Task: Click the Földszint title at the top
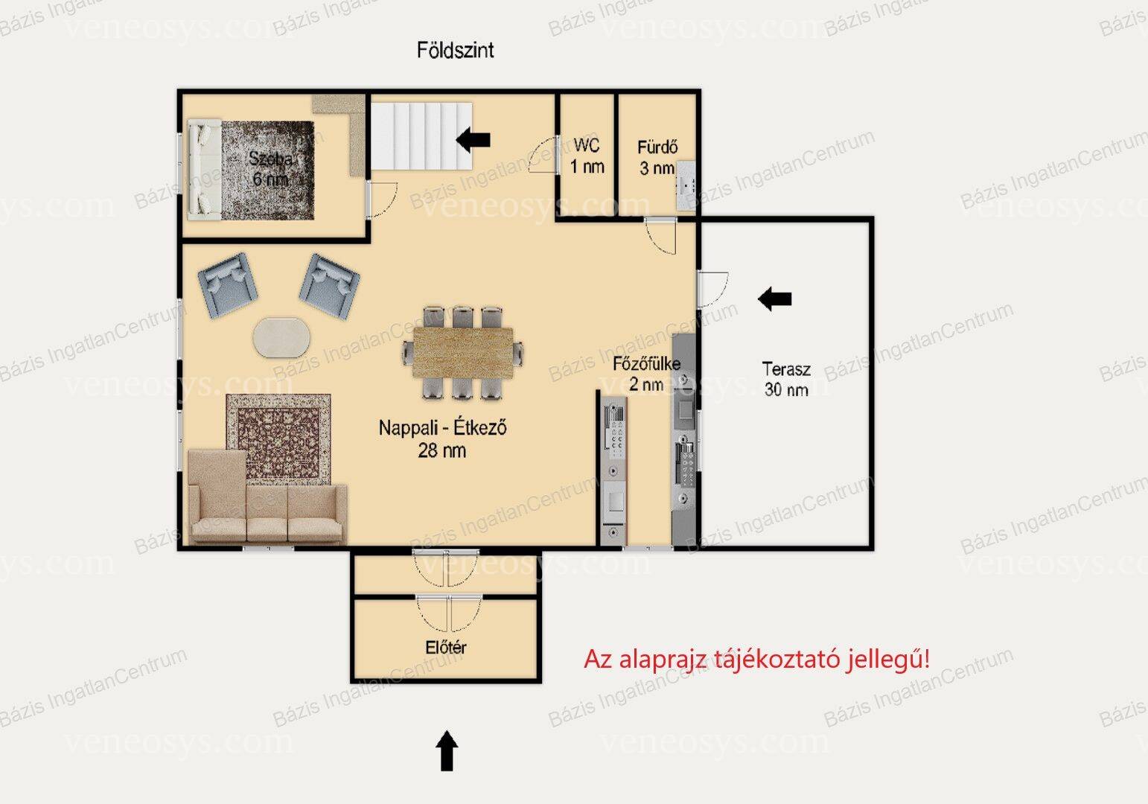(x=455, y=50)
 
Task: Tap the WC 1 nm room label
(x=587, y=156)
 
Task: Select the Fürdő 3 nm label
(x=657, y=158)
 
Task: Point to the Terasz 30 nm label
(x=786, y=379)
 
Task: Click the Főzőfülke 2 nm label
(x=647, y=374)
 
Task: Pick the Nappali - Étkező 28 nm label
(x=442, y=439)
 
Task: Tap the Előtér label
(x=446, y=647)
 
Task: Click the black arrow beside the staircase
(x=473, y=139)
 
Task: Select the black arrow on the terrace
(x=774, y=299)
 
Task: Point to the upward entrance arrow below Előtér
(x=447, y=750)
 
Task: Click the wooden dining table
(x=463, y=353)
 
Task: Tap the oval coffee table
(x=281, y=337)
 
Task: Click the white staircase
(x=422, y=135)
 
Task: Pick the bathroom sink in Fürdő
(x=685, y=185)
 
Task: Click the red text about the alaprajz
(x=756, y=660)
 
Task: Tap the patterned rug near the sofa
(x=278, y=438)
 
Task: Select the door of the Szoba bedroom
(x=381, y=200)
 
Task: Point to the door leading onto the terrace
(x=712, y=290)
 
